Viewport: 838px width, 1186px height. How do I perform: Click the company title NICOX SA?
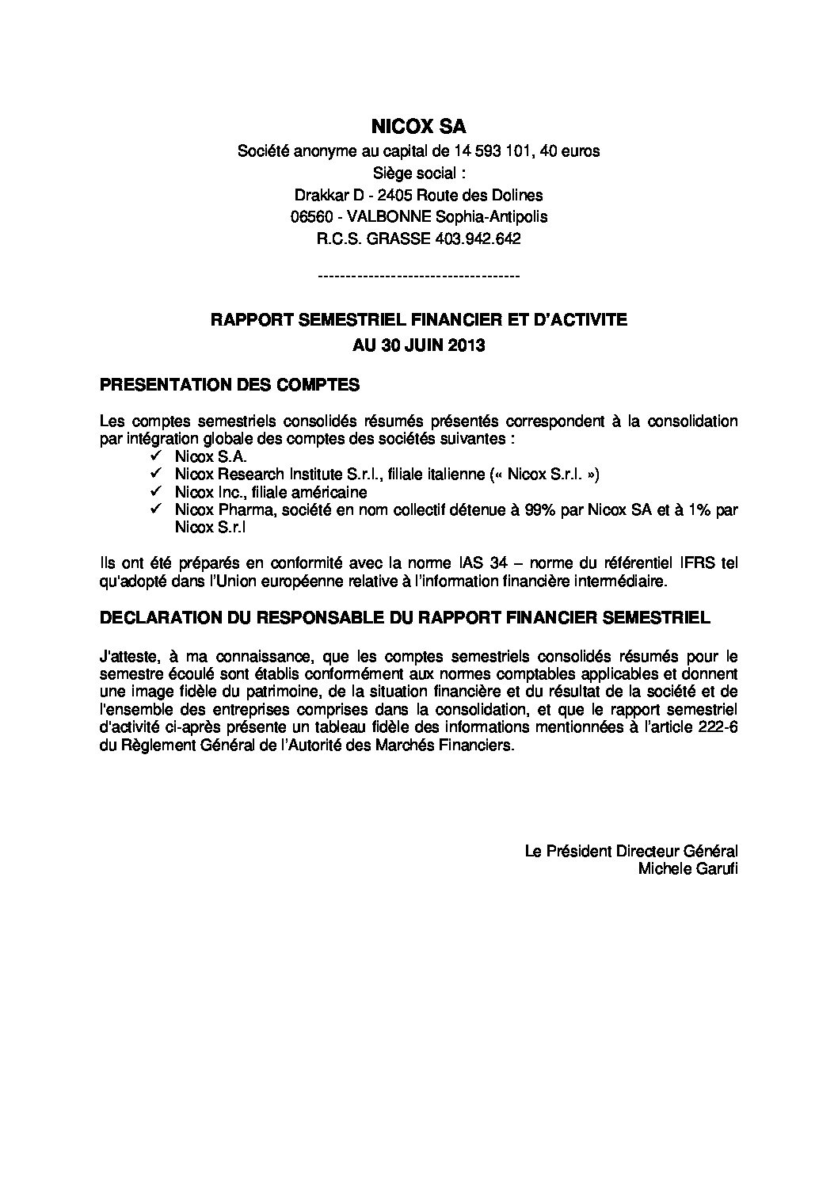418,126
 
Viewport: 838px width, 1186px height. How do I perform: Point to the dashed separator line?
418,276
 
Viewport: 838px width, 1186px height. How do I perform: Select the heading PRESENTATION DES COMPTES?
230,386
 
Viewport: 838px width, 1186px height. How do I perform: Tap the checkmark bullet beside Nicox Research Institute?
154,475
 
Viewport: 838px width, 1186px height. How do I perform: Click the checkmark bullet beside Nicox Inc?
154,492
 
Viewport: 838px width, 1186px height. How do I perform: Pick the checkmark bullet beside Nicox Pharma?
154,509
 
